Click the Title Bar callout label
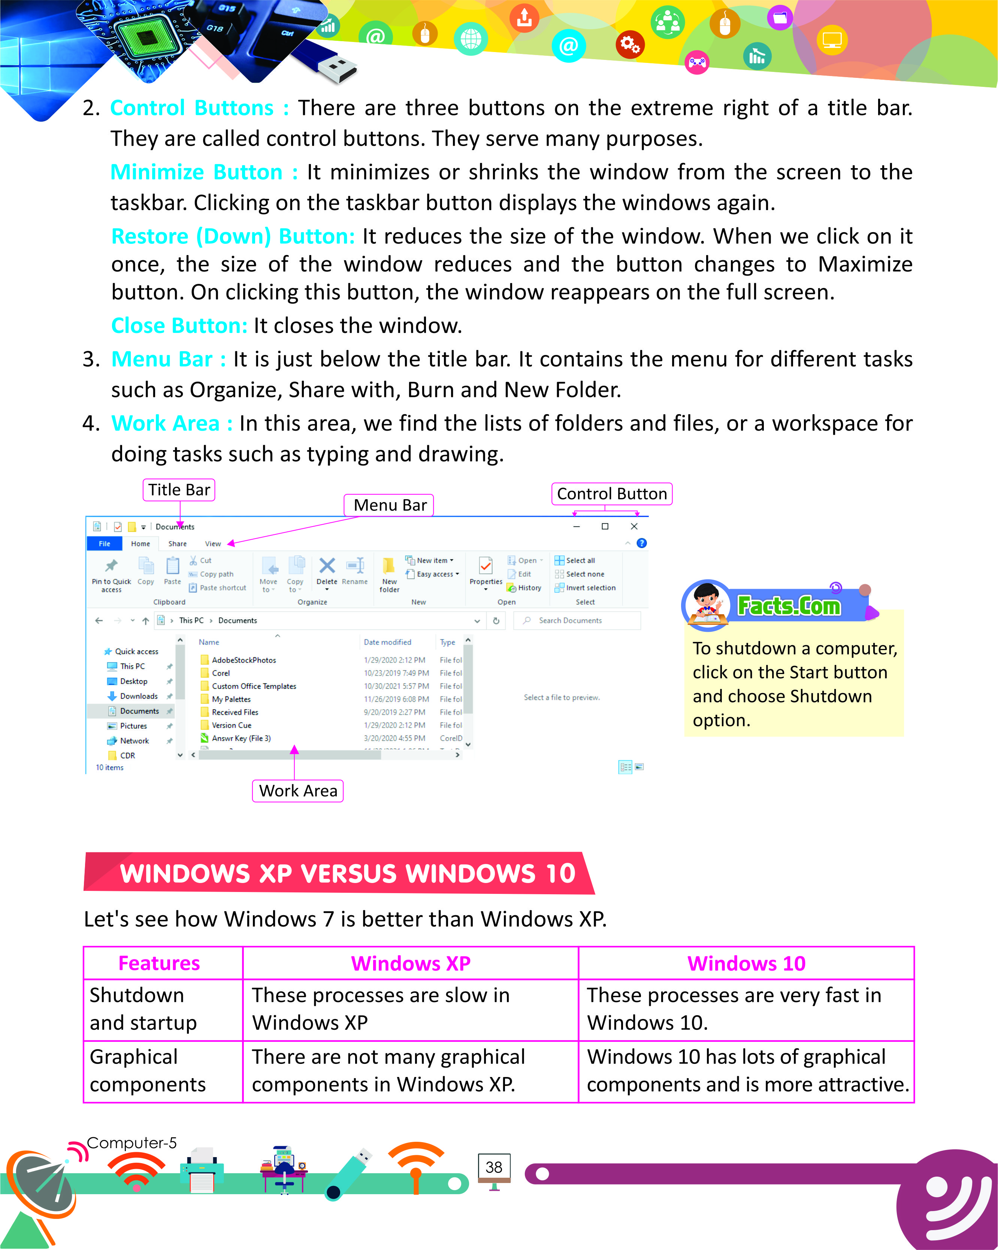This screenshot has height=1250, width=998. coord(179,490)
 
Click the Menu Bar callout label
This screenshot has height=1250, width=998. coord(389,505)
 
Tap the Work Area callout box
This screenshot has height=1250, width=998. coord(297,791)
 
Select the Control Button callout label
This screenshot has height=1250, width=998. coord(611,494)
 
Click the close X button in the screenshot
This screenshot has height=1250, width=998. coord(634,527)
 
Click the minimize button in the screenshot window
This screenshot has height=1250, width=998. coord(577,527)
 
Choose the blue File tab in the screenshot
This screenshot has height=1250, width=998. coord(105,544)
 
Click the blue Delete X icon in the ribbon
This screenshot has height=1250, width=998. coord(327,565)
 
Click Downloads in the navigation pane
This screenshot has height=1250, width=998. coord(139,696)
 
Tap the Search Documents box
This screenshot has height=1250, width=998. coord(577,621)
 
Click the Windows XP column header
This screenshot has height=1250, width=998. coord(411,964)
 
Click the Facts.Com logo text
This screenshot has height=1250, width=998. coord(789,606)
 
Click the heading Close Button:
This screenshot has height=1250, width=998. coord(179,326)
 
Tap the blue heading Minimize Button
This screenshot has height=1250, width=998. coord(197,172)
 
